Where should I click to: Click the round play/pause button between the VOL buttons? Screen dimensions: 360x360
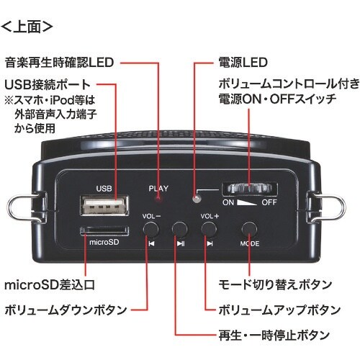tap(180, 230)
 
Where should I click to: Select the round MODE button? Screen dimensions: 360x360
tap(250, 228)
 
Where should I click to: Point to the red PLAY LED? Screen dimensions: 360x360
tap(161, 197)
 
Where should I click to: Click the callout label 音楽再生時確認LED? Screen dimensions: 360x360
tap(59, 63)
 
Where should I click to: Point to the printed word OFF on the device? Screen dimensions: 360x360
tap(268, 203)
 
